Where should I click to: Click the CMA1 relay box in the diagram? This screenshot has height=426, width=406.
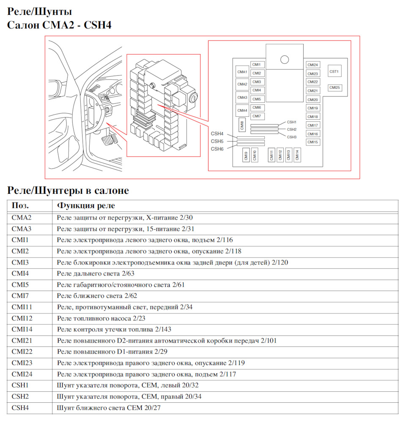pos(242,72)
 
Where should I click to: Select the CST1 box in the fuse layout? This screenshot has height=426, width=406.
pos(334,71)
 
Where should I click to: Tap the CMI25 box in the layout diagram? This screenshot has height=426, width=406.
pos(335,88)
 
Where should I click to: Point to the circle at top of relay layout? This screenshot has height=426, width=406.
pos(284,60)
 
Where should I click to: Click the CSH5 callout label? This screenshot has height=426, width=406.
pos(217,141)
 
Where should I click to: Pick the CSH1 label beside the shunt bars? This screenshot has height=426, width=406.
pos(292,122)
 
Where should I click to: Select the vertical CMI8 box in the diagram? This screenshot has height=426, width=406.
pos(242,125)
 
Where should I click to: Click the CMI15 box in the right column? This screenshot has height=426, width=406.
pos(313,142)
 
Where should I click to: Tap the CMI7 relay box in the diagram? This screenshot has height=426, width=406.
pos(257,116)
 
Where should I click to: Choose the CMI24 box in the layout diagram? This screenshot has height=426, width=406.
pos(313,65)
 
